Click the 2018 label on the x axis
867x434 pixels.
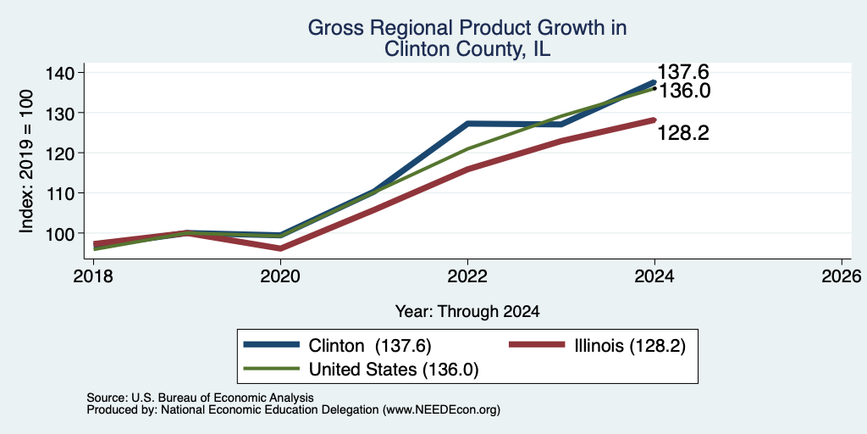tap(94, 275)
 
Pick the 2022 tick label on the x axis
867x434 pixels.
tap(467, 275)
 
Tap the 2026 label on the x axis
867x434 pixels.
tap(842, 275)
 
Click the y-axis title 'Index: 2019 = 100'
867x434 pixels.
tap(26, 161)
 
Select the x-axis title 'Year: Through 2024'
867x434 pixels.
tap(467, 312)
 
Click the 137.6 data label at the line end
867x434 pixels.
tap(683, 72)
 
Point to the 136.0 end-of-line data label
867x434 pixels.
tap(683, 91)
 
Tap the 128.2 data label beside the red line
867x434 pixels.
tap(683, 133)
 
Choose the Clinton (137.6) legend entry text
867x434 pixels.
tap(369, 346)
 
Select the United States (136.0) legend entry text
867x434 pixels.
tap(393, 370)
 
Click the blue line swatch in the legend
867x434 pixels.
tap(272, 345)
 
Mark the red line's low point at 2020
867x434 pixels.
tap(280, 248)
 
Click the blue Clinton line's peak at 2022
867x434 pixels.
tap(467, 124)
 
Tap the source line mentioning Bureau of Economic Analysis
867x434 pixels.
tap(200, 398)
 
